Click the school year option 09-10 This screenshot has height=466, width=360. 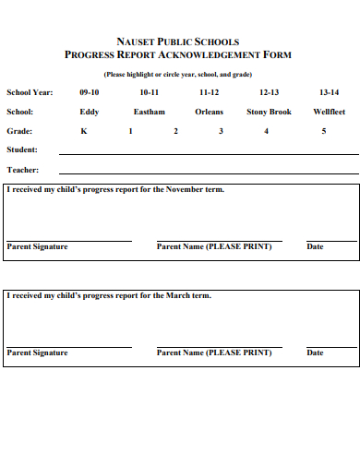pyautogui.click(x=90, y=92)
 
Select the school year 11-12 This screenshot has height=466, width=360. pyautogui.click(x=210, y=92)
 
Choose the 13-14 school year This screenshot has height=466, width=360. pyautogui.click(x=329, y=92)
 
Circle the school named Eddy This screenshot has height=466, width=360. pyautogui.click(x=90, y=112)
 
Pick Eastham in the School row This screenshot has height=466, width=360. pyautogui.click(x=150, y=112)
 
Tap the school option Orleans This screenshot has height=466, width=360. pyautogui.click(x=210, y=112)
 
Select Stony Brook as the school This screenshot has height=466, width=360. pyautogui.click(x=269, y=112)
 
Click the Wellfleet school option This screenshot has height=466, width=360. pyautogui.click(x=329, y=112)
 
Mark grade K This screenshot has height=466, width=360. pyautogui.click(x=84, y=131)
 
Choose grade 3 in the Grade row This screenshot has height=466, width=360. pyautogui.click(x=221, y=131)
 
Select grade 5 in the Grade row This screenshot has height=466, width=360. pyautogui.click(x=323, y=131)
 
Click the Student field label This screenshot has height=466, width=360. pyautogui.click(x=22, y=149)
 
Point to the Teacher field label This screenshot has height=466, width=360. pyautogui.click(x=22, y=170)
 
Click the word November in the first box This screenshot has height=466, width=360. pyautogui.click(x=184, y=189)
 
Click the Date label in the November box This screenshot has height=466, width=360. pyautogui.click(x=316, y=246)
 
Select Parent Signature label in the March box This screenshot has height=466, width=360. pyautogui.click(x=37, y=352)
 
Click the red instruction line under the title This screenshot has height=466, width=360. pyautogui.click(x=178, y=73)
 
